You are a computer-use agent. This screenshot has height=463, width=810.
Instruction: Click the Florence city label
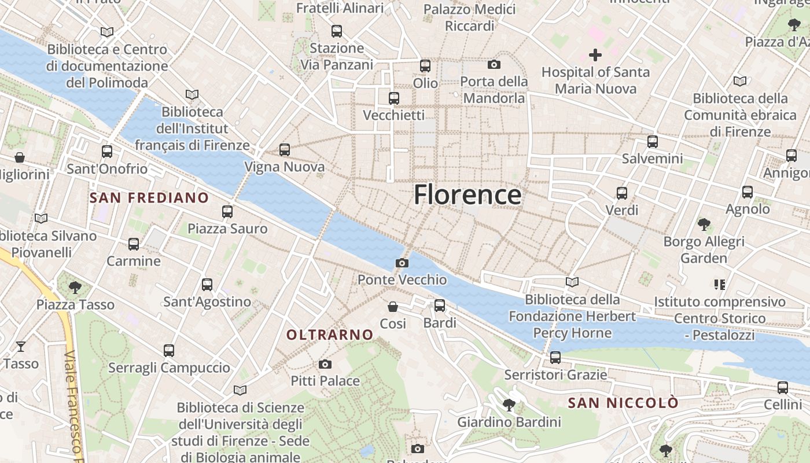click(x=467, y=194)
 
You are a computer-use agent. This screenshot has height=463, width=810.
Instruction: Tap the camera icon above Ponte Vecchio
click(x=402, y=263)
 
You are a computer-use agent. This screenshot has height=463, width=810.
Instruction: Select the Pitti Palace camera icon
click(x=325, y=364)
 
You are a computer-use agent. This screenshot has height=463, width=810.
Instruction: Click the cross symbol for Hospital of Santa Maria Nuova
click(x=595, y=55)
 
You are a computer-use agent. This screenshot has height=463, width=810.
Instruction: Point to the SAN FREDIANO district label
click(x=149, y=198)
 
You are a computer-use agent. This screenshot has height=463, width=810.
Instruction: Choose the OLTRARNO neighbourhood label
click(x=330, y=335)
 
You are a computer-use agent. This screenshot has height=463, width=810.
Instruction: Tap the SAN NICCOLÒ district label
click(x=623, y=403)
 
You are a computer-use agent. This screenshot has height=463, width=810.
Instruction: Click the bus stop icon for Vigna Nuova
click(x=284, y=150)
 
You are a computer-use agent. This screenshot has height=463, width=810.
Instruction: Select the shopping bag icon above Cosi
click(x=393, y=306)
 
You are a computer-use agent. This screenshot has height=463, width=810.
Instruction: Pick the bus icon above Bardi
click(x=440, y=305)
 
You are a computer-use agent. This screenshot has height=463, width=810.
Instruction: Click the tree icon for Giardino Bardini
click(x=509, y=405)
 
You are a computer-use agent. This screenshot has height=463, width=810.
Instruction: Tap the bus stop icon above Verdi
click(x=622, y=193)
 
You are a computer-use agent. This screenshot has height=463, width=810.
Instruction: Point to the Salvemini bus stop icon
click(x=653, y=141)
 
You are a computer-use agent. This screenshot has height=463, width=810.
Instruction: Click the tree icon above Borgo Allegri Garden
click(x=704, y=224)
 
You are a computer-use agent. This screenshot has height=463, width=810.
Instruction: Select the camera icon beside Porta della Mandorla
click(x=494, y=64)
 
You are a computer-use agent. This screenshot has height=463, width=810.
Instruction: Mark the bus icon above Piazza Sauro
click(x=227, y=211)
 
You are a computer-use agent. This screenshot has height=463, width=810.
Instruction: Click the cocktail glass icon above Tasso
click(x=21, y=347)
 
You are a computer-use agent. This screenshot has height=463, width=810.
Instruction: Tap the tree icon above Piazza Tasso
click(x=75, y=287)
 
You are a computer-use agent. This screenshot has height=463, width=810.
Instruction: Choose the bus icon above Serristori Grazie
click(x=555, y=357)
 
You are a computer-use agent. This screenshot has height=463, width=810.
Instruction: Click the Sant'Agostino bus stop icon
click(x=207, y=284)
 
